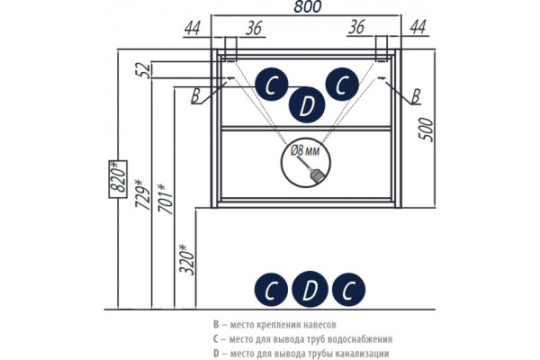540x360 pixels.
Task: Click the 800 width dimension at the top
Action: tap(308, 6)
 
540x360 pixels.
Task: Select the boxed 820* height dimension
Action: tap(118, 179)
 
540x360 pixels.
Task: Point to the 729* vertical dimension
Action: tap(143, 194)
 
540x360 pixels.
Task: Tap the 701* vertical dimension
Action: tap(166, 199)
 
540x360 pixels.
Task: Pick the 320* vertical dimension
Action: tap(187, 259)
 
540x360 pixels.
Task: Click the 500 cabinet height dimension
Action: tap(426, 130)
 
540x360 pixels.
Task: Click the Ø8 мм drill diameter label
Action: tap(305, 151)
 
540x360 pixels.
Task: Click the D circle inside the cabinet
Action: tap(307, 105)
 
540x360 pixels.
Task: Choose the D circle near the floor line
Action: tap(310, 290)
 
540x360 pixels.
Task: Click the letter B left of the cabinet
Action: tap(195, 95)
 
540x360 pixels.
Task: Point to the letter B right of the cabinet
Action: tap(416, 96)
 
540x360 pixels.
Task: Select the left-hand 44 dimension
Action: tap(193, 28)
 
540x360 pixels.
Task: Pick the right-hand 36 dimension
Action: tap(356, 27)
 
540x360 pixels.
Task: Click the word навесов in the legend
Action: tap(319, 325)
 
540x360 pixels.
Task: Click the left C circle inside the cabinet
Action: tap(272, 85)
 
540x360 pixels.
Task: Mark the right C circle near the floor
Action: tap(348, 290)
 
